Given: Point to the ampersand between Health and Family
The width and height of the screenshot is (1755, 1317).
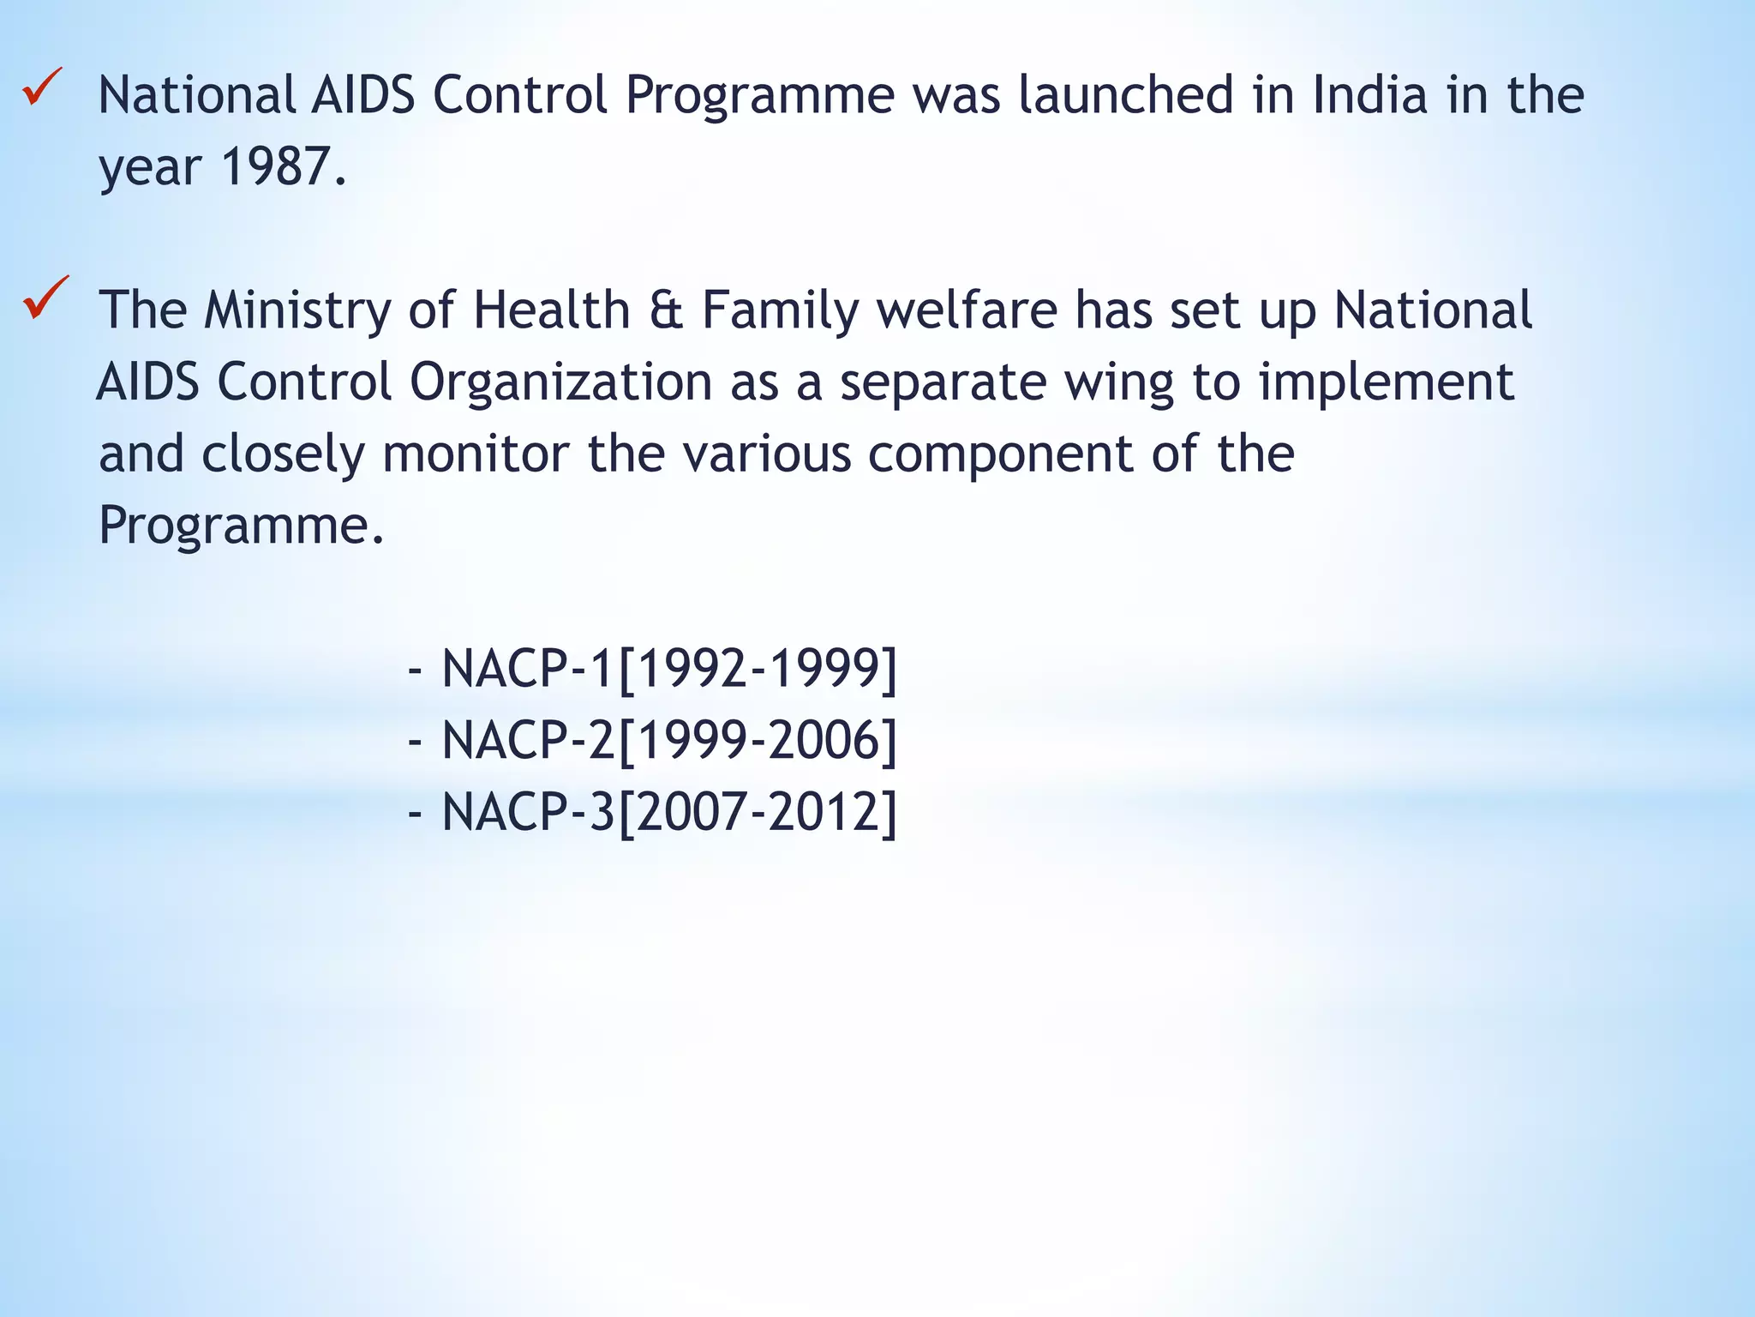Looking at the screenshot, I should point(667,310).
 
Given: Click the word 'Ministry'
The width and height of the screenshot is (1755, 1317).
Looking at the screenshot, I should point(297,310).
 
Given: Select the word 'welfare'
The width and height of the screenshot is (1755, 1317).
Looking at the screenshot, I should point(967,310).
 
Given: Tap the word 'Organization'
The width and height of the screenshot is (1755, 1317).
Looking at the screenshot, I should point(561,382).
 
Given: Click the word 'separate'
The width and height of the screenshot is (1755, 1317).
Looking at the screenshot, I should point(943,382).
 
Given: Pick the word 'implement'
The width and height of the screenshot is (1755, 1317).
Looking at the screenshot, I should point(1387,382).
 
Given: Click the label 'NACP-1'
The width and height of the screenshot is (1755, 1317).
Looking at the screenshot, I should point(528,669).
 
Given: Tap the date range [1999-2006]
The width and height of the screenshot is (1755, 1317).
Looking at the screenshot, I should point(758,741).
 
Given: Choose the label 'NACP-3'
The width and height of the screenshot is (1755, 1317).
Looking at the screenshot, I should point(528,812).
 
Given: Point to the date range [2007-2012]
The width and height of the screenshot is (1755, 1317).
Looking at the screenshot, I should point(758,812).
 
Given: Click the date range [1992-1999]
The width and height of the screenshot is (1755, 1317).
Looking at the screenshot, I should point(758,669).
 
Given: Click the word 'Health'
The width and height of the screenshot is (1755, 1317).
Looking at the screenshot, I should point(552,310).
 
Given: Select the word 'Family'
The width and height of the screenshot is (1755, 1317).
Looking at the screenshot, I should point(780,310).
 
